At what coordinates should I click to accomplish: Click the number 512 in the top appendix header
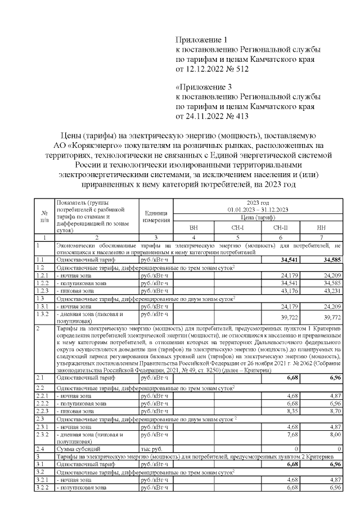click(x=240, y=69)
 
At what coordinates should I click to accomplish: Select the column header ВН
click(x=193, y=228)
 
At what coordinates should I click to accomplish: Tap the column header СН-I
click(x=237, y=228)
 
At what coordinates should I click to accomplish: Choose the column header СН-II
click(x=280, y=228)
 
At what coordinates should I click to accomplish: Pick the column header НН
click(x=321, y=228)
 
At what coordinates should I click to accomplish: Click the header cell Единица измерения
click(x=156, y=216)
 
